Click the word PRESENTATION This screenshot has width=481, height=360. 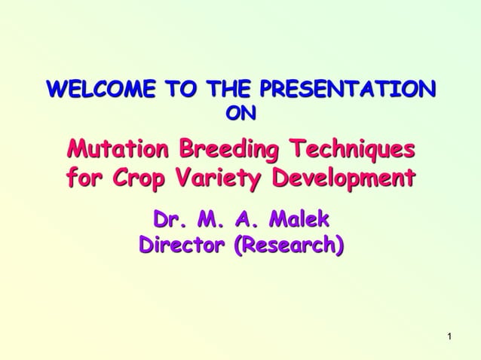[x=347, y=90]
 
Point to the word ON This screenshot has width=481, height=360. [x=240, y=113]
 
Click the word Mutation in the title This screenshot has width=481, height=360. [x=118, y=148]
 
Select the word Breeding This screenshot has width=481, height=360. [x=228, y=148]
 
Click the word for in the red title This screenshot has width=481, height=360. [x=85, y=178]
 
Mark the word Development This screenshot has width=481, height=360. [x=343, y=178]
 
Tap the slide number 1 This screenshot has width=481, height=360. [x=449, y=335]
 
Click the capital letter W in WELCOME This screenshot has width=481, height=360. [x=57, y=90]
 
